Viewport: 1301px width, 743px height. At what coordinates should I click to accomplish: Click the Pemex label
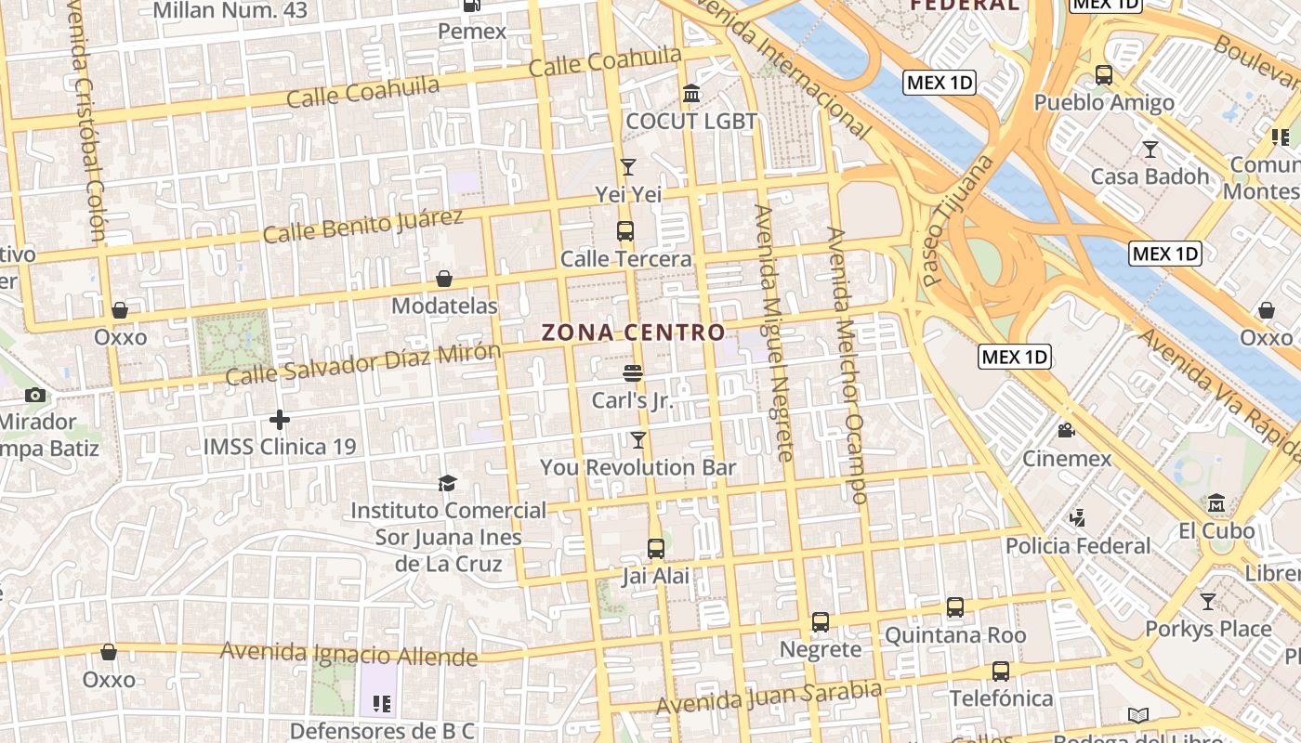click(472, 32)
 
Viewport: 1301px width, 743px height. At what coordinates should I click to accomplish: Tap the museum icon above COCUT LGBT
click(691, 94)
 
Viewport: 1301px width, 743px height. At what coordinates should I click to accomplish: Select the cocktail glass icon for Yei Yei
click(628, 167)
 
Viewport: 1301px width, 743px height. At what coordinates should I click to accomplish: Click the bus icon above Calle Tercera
click(625, 231)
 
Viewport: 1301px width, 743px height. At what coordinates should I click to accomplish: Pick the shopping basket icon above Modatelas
click(444, 279)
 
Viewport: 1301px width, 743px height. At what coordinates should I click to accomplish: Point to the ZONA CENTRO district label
click(633, 332)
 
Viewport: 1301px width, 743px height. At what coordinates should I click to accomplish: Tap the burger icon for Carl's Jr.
click(633, 373)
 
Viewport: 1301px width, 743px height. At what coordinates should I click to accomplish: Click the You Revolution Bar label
click(638, 468)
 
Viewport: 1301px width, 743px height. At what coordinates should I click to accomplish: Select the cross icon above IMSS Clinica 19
click(280, 420)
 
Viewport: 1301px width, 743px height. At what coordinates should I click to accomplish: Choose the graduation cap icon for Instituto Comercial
click(448, 484)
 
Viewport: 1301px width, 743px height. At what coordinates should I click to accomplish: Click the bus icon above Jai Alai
click(656, 549)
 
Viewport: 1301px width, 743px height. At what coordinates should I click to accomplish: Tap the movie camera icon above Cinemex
click(1066, 431)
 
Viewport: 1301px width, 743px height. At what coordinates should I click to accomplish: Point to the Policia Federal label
click(1078, 545)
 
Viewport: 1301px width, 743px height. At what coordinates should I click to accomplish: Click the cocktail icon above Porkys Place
click(1207, 602)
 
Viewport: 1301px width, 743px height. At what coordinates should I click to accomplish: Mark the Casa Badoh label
click(1150, 176)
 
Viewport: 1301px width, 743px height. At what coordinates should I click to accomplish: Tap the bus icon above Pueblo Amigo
click(1104, 75)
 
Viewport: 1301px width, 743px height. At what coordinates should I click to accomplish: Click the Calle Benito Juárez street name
click(362, 226)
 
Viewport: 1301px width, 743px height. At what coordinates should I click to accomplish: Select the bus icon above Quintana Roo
click(955, 607)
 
